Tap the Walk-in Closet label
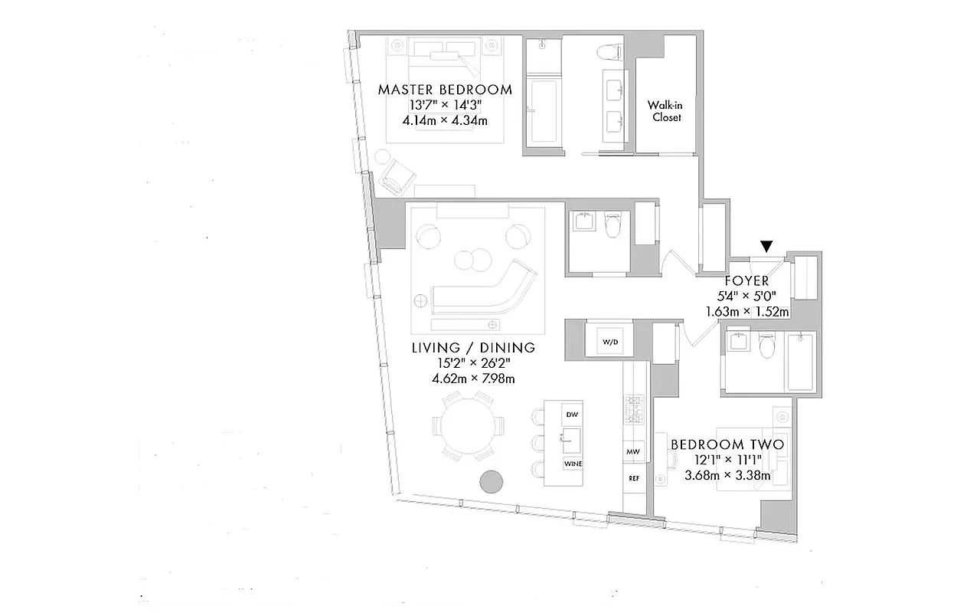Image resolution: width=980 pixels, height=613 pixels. click(665, 111)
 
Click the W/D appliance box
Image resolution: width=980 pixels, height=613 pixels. click(609, 342)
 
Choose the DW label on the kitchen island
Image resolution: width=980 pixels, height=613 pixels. click(571, 415)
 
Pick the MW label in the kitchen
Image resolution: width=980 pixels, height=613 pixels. click(634, 451)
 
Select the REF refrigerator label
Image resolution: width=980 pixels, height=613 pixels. click(634, 478)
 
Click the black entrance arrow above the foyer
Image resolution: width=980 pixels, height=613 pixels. click(766, 246)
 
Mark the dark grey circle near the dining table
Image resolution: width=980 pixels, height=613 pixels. click(491, 482)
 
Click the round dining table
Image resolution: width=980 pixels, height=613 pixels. click(469, 426)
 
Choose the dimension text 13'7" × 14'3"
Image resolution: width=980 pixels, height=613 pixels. click(445, 105)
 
